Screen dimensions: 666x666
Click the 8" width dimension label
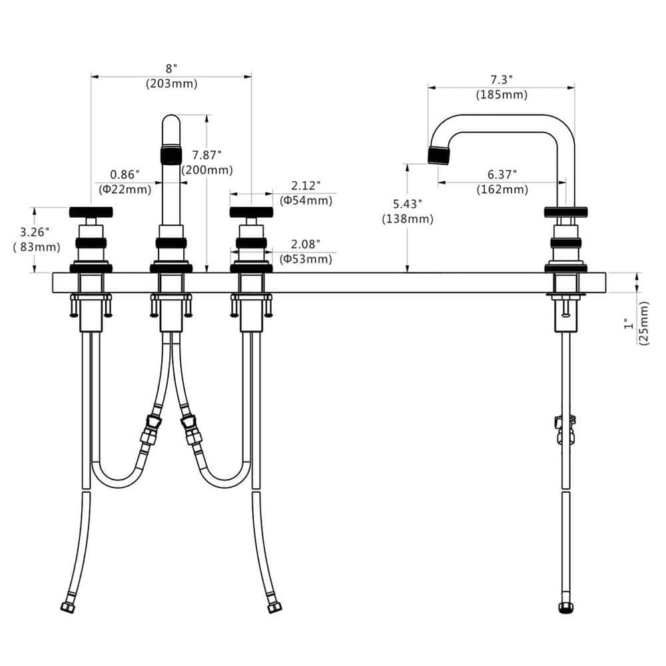[170, 69]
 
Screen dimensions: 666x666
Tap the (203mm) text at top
[172, 84]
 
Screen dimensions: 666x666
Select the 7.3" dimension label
[501, 79]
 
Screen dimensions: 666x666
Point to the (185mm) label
[501, 95]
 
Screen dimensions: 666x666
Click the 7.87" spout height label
[206, 155]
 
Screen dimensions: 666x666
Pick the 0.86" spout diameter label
[125, 174]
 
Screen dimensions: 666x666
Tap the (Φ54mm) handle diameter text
[306, 200]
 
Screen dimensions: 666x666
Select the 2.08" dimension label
[306, 244]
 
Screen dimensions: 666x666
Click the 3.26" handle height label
[35, 232]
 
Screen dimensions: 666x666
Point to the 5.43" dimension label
[408, 204]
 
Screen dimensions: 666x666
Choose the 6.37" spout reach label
[501, 174]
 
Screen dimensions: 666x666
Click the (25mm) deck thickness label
[644, 323]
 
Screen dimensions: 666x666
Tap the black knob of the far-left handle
[91, 212]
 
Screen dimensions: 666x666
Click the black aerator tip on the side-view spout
[439, 155]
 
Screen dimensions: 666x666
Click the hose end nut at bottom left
[67, 607]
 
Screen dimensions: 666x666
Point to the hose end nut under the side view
[565, 608]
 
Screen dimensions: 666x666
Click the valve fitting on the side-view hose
[565, 430]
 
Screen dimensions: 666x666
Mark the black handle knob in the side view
[565, 212]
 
